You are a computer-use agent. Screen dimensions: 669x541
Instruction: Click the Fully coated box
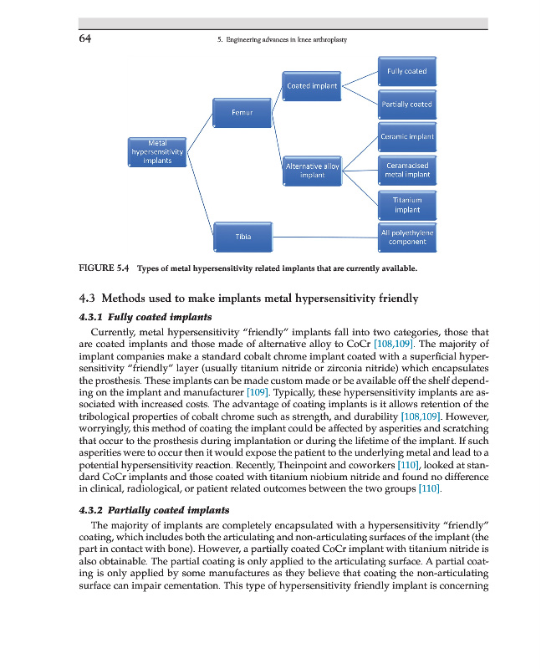point(406,71)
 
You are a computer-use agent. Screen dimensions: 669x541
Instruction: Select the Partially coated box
point(406,105)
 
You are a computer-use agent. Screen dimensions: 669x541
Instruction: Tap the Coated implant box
point(311,85)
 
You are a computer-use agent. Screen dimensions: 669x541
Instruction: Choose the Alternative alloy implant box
point(311,171)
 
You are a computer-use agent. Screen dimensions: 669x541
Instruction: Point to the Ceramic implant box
point(406,136)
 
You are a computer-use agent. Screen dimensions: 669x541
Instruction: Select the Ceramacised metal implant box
point(406,170)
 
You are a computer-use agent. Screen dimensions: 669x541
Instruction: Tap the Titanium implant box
point(406,205)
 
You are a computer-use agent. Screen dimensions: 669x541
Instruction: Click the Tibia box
point(242,237)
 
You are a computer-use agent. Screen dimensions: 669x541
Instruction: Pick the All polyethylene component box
point(406,237)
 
